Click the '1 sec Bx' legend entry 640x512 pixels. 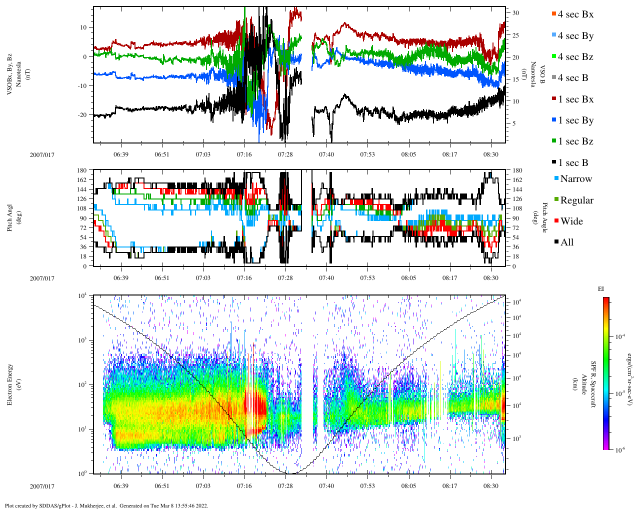(x=575, y=99)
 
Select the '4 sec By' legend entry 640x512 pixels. (x=575, y=36)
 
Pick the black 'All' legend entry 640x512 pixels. (x=566, y=242)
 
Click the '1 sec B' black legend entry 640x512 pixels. (x=573, y=163)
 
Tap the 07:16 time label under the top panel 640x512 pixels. (x=244, y=154)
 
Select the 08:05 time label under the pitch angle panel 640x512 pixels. (x=408, y=278)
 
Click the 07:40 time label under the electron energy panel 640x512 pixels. (x=326, y=485)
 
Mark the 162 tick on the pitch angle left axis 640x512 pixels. (x=82, y=180)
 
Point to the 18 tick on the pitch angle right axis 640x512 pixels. (x=514, y=256)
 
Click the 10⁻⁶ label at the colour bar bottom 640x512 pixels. (x=620, y=450)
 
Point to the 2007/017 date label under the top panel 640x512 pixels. (x=42, y=154)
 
